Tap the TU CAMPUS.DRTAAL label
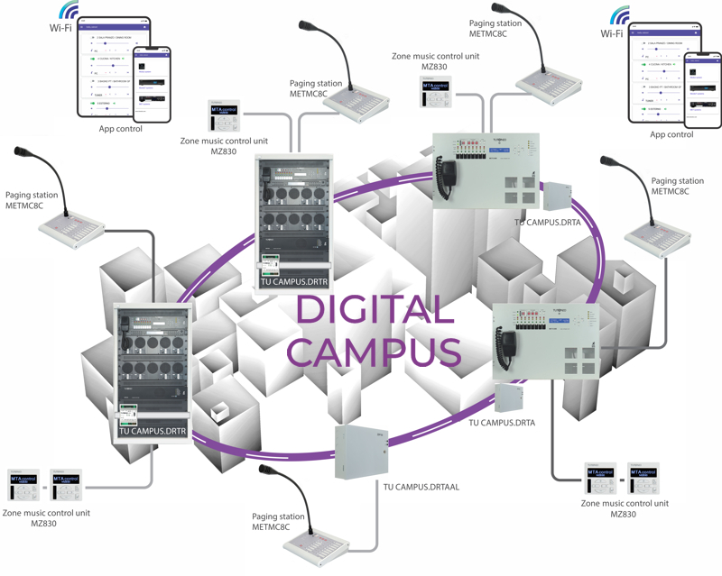click(422, 487)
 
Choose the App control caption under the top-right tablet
click(671, 134)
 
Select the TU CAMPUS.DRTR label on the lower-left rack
click(153, 432)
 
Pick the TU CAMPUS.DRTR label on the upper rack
click(294, 282)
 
